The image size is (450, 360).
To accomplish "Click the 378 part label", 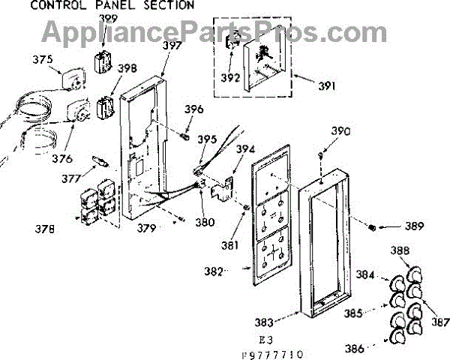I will pos(43,229).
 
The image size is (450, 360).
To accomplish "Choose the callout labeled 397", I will pos(172,46).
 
